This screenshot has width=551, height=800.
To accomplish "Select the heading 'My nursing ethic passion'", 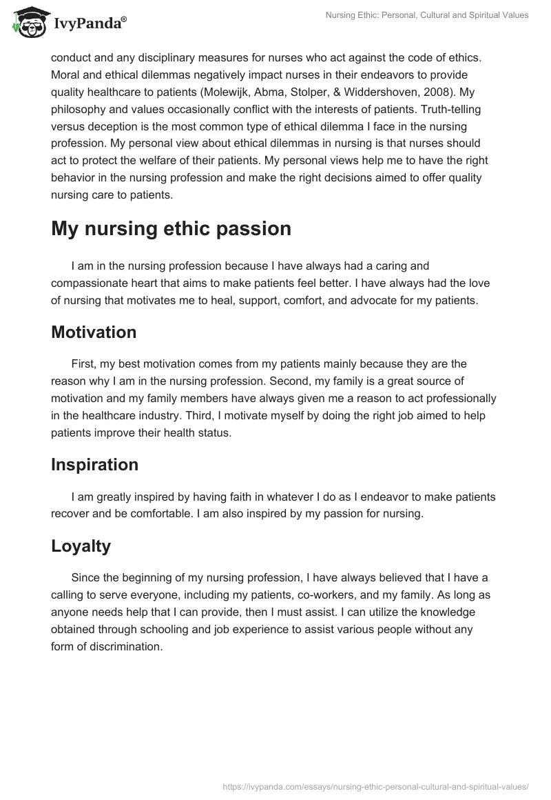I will (171, 229).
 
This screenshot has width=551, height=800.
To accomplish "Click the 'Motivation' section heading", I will (94, 332).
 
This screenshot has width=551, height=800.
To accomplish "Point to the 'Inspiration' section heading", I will (94, 464).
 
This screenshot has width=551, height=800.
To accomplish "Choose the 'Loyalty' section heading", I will (81, 546).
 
